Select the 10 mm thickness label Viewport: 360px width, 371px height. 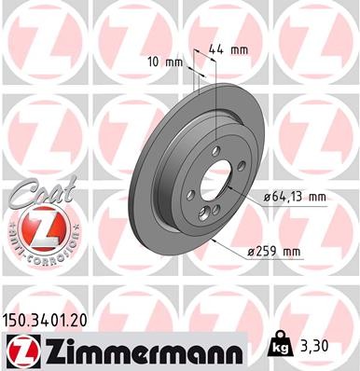[165, 62]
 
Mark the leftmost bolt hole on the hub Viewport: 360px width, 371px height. [192, 194]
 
